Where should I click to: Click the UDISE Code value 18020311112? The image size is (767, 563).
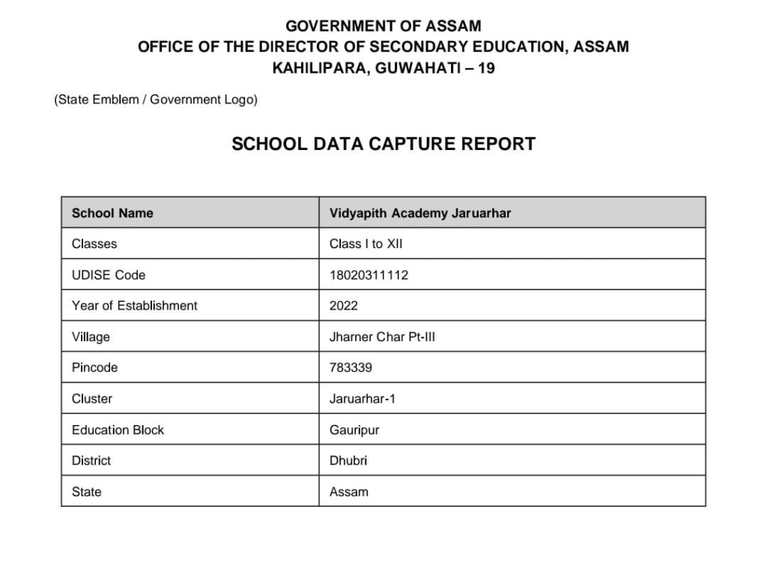tap(369, 275)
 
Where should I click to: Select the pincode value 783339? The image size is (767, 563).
tap(351, 368)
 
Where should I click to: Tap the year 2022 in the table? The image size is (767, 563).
tap(344, 306)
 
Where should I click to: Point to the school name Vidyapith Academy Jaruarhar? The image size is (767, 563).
tap(419, 214)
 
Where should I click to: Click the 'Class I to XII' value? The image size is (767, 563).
tap(366, 244)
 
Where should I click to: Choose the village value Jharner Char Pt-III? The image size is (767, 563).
tap(382, 337)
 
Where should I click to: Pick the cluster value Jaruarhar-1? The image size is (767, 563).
tap(363, 399)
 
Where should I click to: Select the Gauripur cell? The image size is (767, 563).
tap(354, 430)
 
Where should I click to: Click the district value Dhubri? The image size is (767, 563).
tap(348, 461)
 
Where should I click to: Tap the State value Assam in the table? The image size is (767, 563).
tap(349, 493)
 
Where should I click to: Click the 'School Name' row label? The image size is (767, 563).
tap(112, 214)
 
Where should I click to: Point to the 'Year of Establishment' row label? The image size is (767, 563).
tap(135, 306)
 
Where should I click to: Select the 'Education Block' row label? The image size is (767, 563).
tap(118, 430)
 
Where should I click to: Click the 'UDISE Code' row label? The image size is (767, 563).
tap(109, 275)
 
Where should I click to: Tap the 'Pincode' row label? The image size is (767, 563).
tap(94, 368)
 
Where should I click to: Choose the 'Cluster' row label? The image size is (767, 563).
tap(92, 399)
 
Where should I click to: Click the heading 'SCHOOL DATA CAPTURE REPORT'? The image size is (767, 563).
tap(383, 144)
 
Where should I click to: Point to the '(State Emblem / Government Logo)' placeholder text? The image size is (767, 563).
tap(156, 100)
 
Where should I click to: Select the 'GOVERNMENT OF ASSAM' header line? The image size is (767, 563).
tap(383, 26)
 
